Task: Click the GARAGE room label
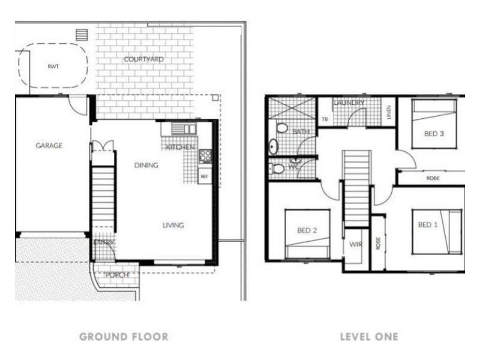(49, 145)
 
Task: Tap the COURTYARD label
(143, 59)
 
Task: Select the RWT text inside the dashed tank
(53, 67)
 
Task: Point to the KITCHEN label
(181, 147)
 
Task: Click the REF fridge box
(204, 176)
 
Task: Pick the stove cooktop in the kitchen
(205, 156)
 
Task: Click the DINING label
(146, 166)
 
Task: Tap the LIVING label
(173, 226)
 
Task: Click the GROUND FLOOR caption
(124, 337)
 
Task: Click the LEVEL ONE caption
(368, 337)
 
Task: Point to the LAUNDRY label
(349, 103)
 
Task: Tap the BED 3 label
(434, 134)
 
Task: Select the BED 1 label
(428, 225)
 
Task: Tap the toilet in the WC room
(278, 169)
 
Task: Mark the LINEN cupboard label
(388, 112)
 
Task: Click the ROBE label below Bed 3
(432, 178)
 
